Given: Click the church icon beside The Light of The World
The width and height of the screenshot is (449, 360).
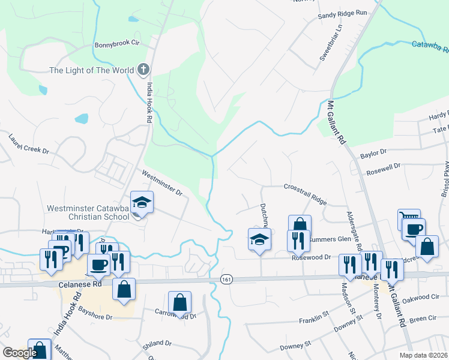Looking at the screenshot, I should point(143,70).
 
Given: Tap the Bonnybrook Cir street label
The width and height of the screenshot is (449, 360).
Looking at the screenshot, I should point(116,44).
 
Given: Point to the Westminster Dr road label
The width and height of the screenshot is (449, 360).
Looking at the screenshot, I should point(161,183).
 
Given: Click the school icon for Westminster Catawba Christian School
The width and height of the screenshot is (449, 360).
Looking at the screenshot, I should point(142,203).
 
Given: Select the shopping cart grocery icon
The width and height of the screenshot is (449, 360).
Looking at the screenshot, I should point(409,218).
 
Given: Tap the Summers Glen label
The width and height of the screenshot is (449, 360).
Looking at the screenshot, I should point(330,239).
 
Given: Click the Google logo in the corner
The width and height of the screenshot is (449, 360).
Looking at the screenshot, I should point(20,352).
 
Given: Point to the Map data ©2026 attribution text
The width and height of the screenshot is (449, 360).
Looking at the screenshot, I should point(423,355).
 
